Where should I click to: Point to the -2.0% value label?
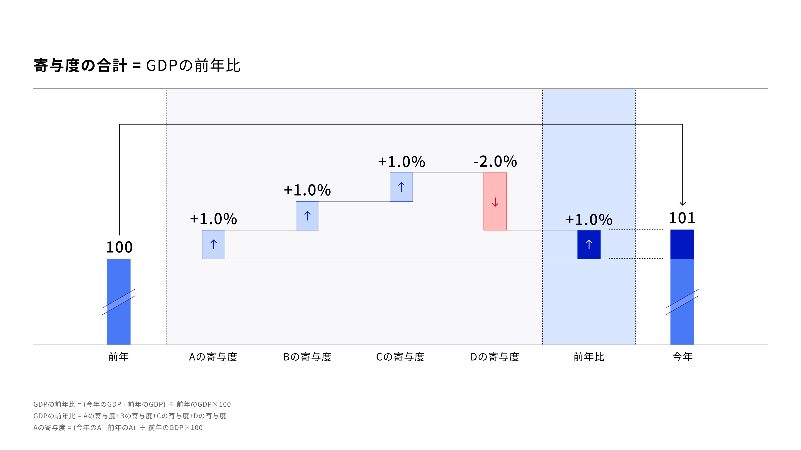tap(495, 161)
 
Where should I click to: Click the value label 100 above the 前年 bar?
tap(119, 247)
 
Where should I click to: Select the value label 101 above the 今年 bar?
tap(682, 218)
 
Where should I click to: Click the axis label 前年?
tap(118, 357)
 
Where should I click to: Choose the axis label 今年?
tap(682, 357)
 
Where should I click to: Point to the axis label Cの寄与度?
tap(400, 357)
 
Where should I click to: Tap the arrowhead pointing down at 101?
tap(683, 203)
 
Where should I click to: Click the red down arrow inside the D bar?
tap(495, 202)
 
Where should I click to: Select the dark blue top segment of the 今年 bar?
tap(682, 244)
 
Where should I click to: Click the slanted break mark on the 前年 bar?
tap(119, 302)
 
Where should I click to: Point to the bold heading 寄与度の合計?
tap(80, 66)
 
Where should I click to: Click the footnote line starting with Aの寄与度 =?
tap(118, 428)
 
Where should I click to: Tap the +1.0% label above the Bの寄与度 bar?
tap(307, 190)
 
